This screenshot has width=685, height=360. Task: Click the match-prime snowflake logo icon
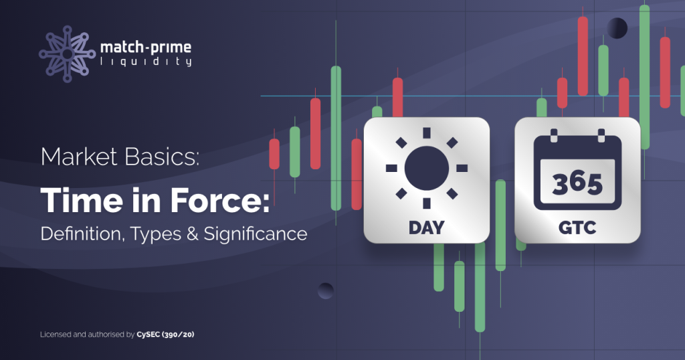(x=67, y=54)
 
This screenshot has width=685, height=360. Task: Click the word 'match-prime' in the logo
(x=145, y=47)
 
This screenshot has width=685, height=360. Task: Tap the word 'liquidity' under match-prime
(x=146, y=62)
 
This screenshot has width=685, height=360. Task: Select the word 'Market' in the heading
(x=79, y=157)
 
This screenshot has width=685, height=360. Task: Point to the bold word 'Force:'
(x=219, y=201)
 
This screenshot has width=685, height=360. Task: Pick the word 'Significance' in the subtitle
(x=256, y=234)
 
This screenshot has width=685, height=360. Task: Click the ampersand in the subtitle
(x=192, y=234)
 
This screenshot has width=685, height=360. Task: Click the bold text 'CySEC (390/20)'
(x=165, y=335)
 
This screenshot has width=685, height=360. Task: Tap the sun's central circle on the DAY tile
(x=427, y=168)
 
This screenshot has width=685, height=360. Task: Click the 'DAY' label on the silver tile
(x=426, y=228)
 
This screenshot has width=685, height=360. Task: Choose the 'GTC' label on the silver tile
(x=577, y=228)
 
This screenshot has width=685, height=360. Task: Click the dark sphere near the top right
(x=617, y=28)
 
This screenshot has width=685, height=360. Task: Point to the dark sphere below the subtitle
(x=326, y=291)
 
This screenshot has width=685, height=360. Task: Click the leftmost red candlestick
(x=274, y=154)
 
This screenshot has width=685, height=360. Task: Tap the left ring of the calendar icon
(x=554, y=135)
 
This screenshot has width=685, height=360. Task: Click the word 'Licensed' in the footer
(x=56, y=335)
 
